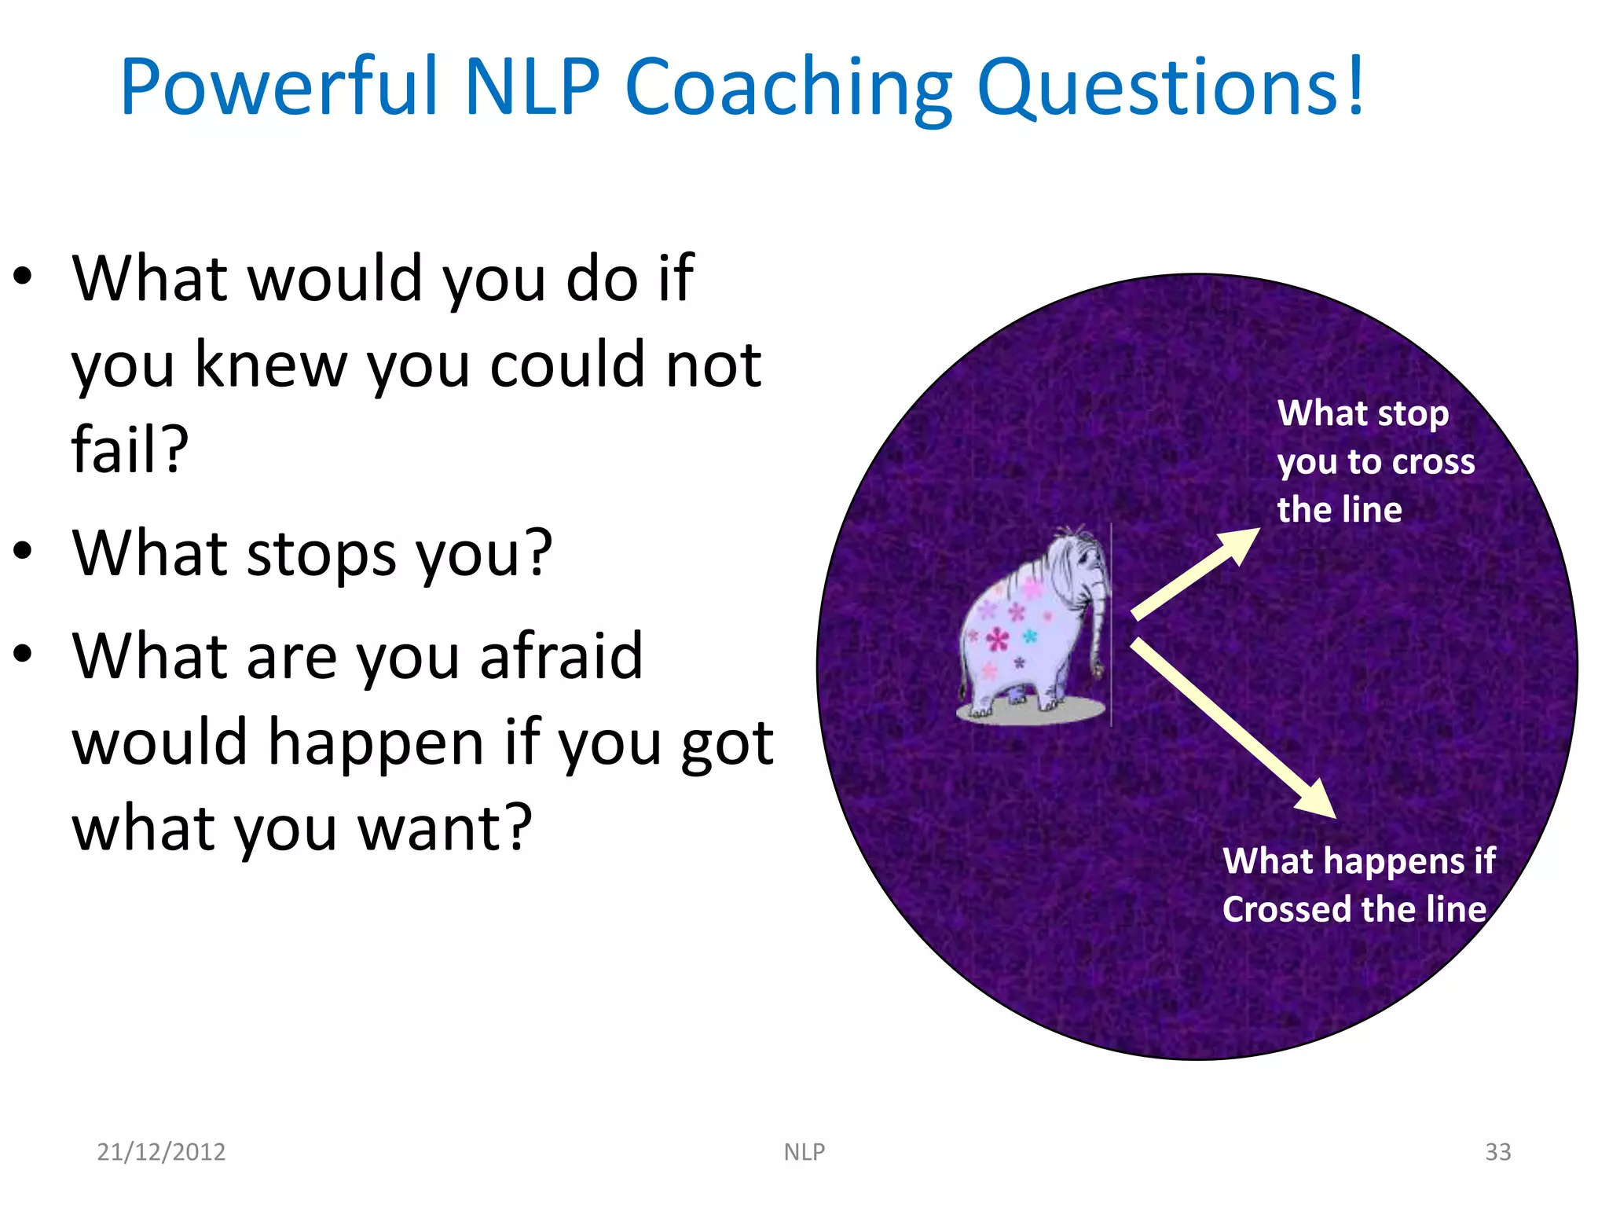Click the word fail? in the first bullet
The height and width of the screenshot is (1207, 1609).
point(130,449)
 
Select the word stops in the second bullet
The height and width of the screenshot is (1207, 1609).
point(321,555)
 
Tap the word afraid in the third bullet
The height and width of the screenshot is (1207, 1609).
point(561,655)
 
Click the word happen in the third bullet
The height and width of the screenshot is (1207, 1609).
point(376,743)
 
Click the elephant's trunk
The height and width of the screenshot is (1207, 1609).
point(1098,629)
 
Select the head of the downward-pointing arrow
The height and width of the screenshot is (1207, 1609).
point(1318,800)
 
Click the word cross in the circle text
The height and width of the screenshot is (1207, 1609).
point(1433,462)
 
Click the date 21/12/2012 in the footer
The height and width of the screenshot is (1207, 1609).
point(161,1151)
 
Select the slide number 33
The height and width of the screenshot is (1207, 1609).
point(1497,1151)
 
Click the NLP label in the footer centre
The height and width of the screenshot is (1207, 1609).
point(804,1151)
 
